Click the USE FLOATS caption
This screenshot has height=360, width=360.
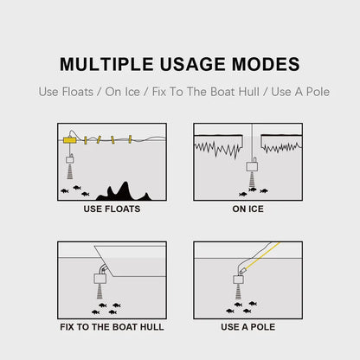(112, 209)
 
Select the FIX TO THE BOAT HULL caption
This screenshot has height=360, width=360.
(112, 327)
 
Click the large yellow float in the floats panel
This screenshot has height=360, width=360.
(69, 139)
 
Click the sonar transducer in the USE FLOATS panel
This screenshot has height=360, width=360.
(69, 158)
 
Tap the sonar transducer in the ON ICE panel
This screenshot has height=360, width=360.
(253, 166)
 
